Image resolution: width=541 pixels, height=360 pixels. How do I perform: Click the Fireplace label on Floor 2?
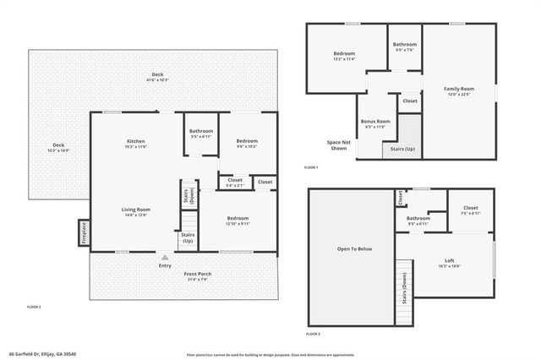(x=85, y=234)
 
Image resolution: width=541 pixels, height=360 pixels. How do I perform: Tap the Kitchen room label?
(x=136, y=141)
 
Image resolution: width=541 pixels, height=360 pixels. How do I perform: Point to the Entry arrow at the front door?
(x=165, y=257)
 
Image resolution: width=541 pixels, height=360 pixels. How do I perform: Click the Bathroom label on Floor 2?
(x=201, y=131)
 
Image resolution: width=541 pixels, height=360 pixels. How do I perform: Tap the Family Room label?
(x=460, y=89)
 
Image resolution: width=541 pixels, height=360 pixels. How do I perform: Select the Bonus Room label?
(x=377, y=121)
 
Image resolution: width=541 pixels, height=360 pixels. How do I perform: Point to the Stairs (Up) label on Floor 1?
(x=403, y=149)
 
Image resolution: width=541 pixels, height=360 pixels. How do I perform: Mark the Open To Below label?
(x=354, y=248)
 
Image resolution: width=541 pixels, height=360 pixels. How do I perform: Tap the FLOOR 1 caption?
(x=312, y=168)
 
